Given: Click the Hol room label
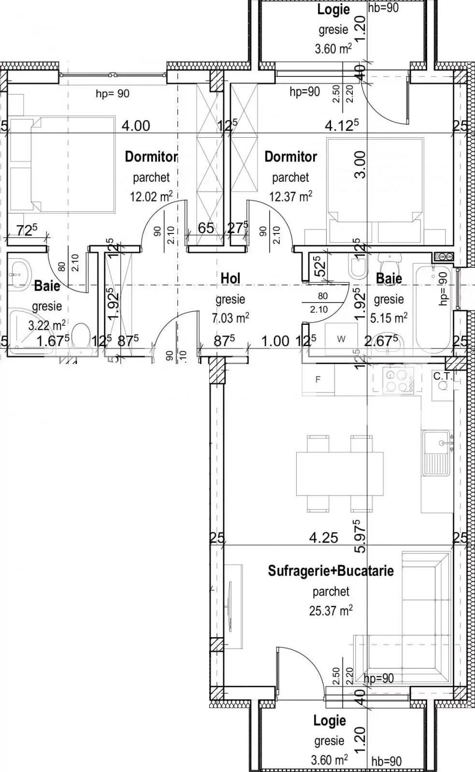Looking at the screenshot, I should tap(230, 278).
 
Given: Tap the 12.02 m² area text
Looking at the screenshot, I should tap(151, 196).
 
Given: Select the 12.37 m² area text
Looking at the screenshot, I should tap(290, 196).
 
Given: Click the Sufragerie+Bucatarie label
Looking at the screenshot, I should tap(331, 571).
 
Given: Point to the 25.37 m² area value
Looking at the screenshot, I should tap(331, 611).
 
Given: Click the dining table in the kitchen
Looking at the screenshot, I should tap(340, 474).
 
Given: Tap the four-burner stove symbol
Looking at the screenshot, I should tap(399, 380).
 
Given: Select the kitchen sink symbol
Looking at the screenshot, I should tap(438, 452).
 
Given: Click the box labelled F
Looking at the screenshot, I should tap(317, 379).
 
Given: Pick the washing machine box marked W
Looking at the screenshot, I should tap(341, 339).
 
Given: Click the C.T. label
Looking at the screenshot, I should tap(443, 376).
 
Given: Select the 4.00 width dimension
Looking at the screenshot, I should tap(135, 126).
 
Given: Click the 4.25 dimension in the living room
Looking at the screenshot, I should tap(324, 538).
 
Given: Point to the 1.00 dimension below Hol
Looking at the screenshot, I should tap(275, 341).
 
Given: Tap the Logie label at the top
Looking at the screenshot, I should tap(333, 10).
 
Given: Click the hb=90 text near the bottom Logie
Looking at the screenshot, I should tap(386, 761).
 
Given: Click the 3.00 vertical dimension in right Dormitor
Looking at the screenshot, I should tap(360, 164).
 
